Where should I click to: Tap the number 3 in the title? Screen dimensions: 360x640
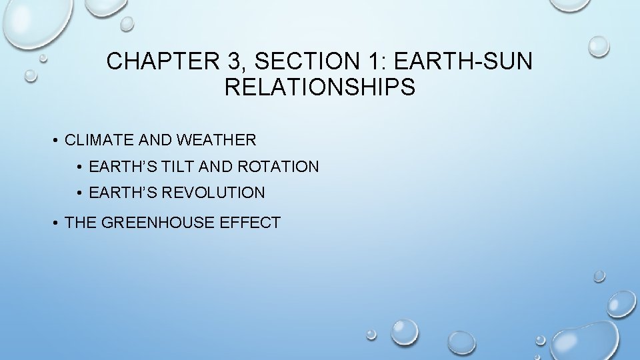[x=233, y=62]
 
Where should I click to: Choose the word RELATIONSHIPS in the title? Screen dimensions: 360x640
[x=320, y=87]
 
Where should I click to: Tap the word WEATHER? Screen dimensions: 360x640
[x=216, y=140]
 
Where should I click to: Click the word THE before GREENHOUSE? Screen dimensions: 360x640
[x=81, y=223]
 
